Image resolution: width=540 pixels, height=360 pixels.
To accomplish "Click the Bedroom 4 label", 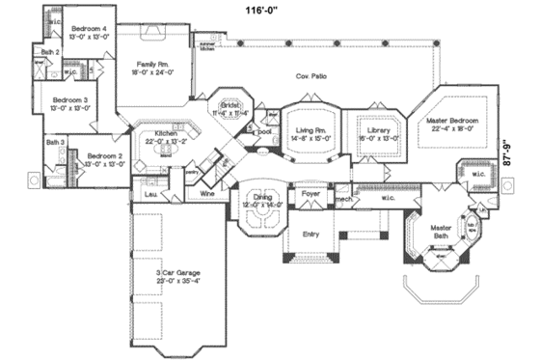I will pyautogui.click(x=86, y=29).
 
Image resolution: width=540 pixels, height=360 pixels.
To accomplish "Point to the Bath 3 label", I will pyautogui.click(x=55, y=143).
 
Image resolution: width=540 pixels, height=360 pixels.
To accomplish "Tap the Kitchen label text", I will pyautogui.click(x=166, y=133).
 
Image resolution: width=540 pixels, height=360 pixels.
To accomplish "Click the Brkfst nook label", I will pyautogui.click(x=229, y=105).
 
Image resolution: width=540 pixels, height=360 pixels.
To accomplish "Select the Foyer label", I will pyautogui.click(x=310, y=194).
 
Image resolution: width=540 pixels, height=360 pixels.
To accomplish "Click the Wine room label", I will pyautogui.click(x=205, y=194).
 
